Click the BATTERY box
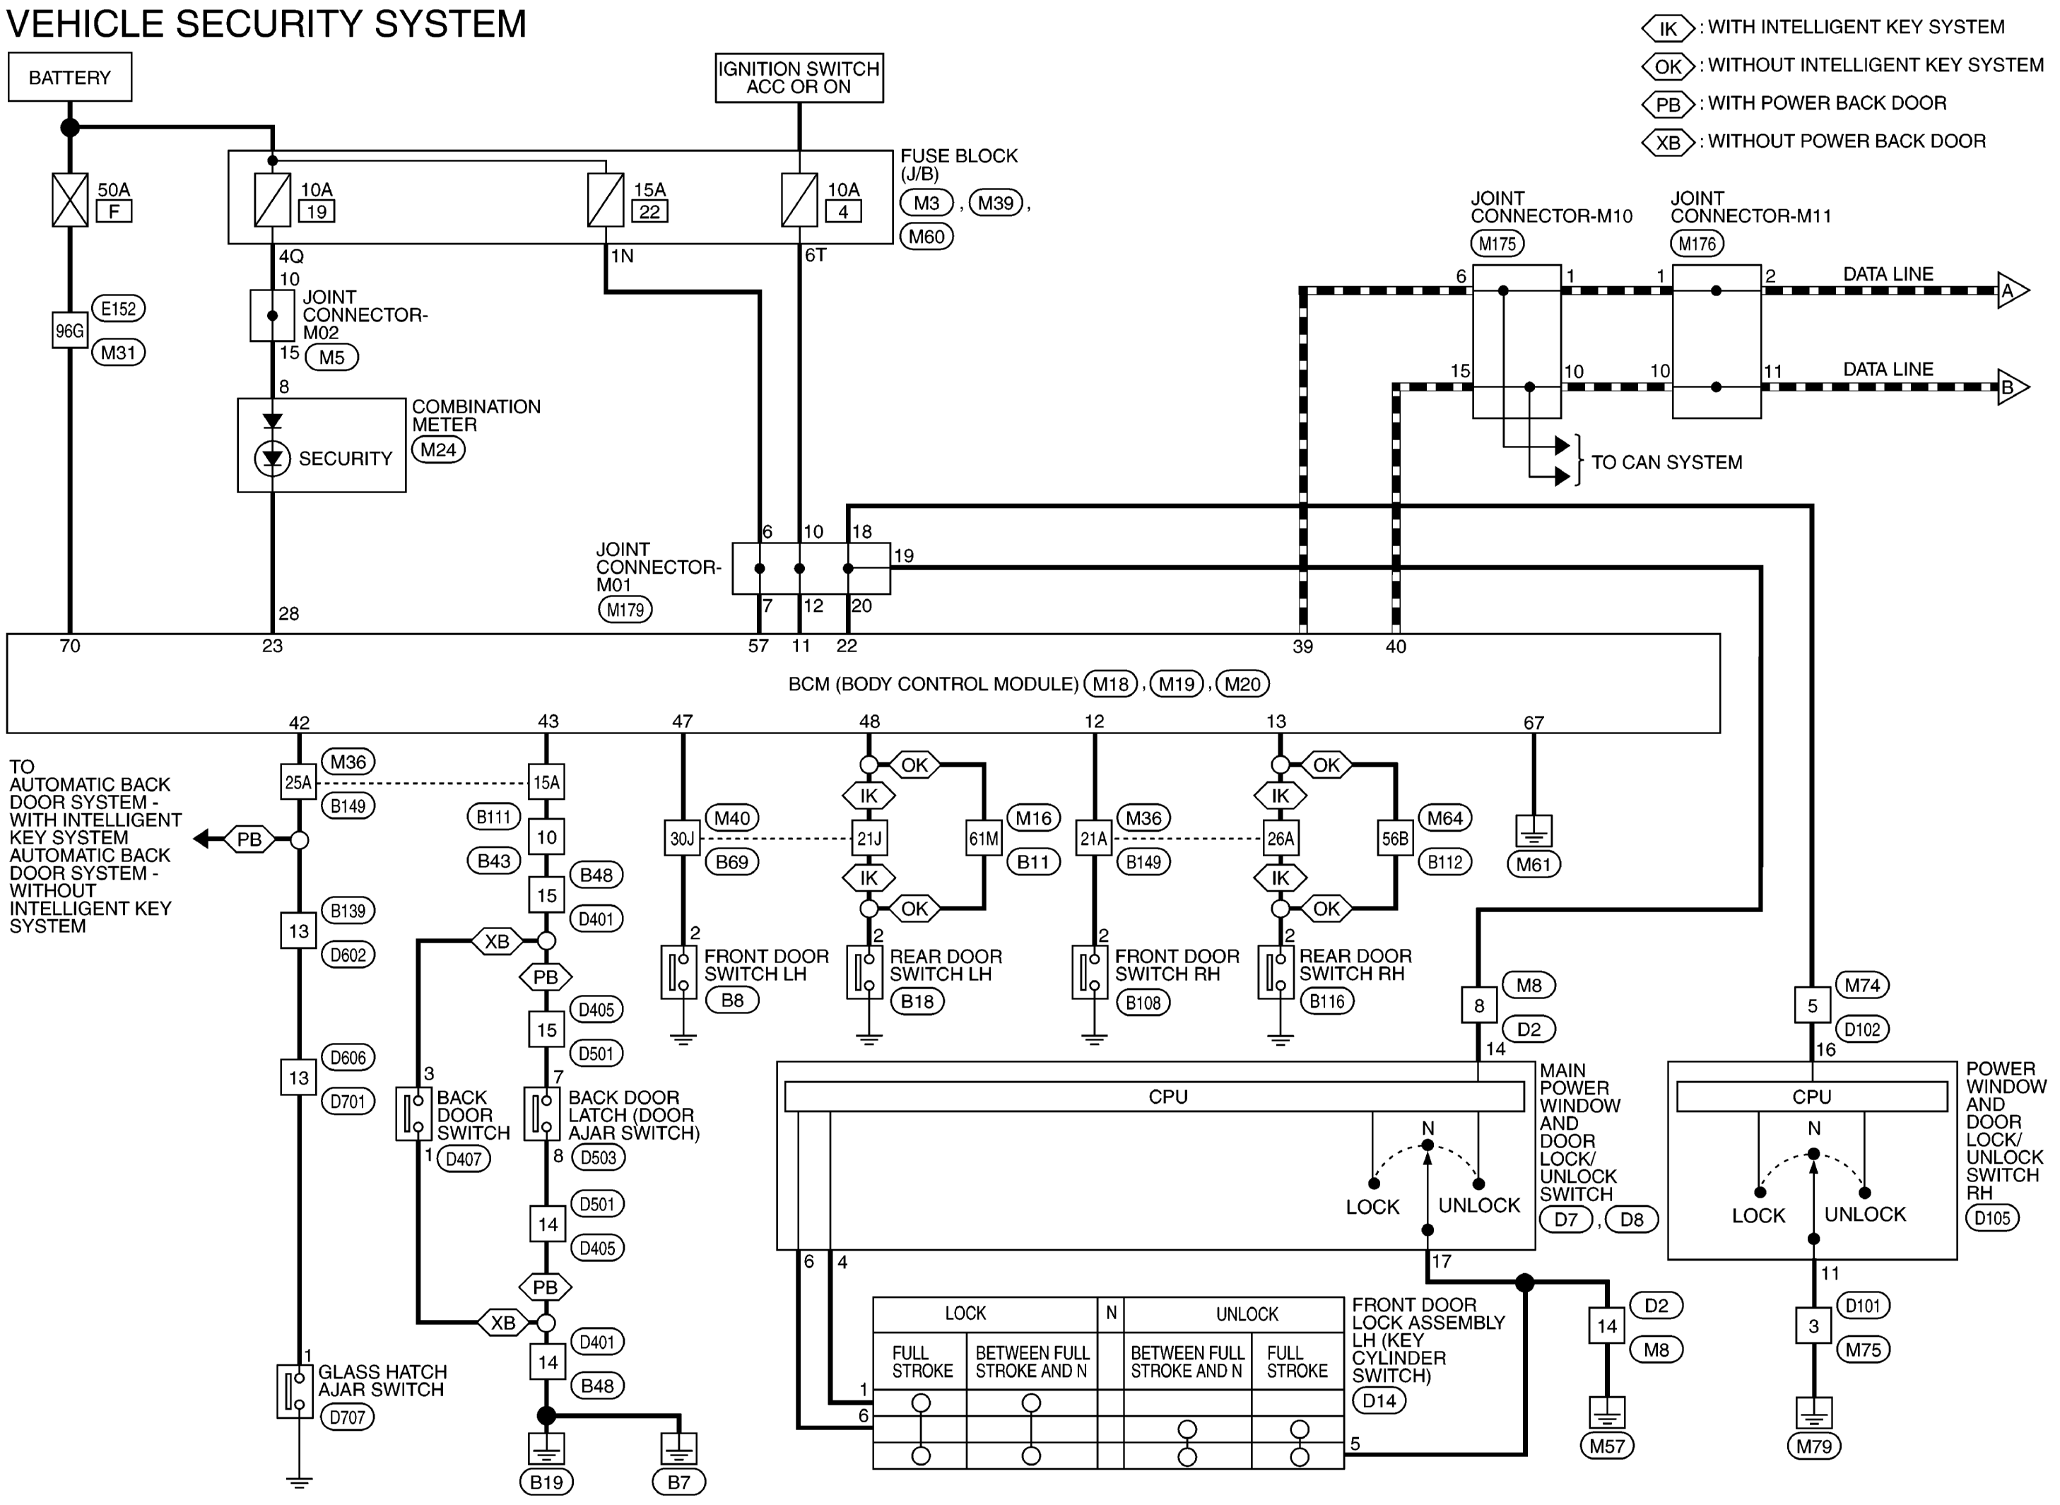(x=69, y=78)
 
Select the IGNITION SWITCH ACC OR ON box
(x=799, y=78)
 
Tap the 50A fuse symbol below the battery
(x=70, y=199)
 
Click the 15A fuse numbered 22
(x=605, y=199)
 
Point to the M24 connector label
(x=438, y=450)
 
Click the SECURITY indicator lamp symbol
(x=272, y=459)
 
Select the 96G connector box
(x=70, y=331)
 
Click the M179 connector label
(x=625, y=610)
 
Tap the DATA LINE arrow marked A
(x=2013, y=292)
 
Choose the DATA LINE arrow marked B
(x=2013, y=387)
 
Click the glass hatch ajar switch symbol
(x=294, y=1391)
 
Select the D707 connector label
(x=346, y=1417)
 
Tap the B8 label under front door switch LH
(x=733, y=1001)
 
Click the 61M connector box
(x=984, y=838)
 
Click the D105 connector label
(x=1993, y=1217)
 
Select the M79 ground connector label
(x=1814, y=1446)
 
